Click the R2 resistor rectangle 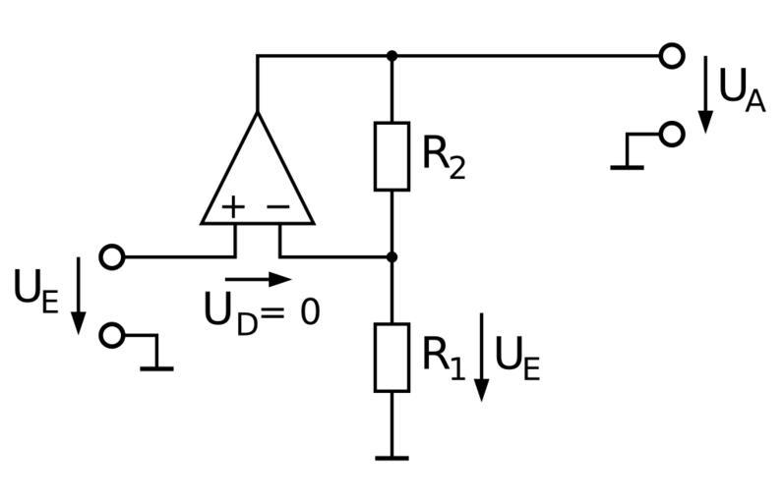(392, 156)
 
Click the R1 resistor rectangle (392, 357)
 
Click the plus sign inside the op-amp (233, 207)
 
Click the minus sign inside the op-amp (279, 207)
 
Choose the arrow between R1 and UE (481, 357)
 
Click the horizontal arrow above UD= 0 (258, 280)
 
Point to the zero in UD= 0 (309, 312)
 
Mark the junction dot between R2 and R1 (392, 257)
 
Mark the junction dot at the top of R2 (392, 56)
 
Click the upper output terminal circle (672, 56)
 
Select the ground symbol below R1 (392, 457)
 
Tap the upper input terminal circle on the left (113, 257)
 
